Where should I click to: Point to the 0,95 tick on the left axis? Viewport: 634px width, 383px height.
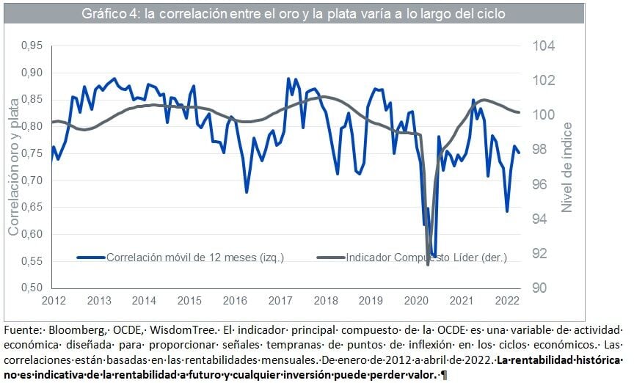30,46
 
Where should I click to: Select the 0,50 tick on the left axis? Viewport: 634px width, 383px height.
30,288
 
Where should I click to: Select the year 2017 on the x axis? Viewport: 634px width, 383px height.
280,301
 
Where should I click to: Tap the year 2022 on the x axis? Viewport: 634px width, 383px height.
506,301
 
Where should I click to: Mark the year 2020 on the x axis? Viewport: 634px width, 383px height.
415,301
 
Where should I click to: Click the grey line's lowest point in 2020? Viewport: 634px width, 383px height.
429,264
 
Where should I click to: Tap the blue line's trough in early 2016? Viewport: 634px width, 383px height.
247,192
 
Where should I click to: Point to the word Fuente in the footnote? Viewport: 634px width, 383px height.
21,330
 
